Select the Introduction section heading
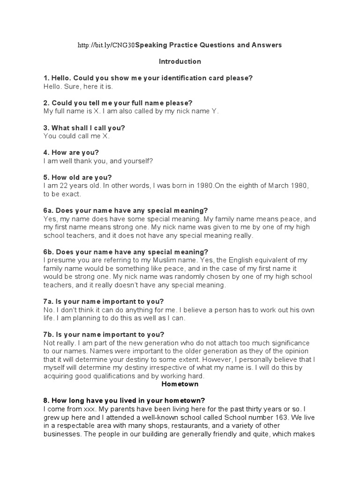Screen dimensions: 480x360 (x=180, y=61)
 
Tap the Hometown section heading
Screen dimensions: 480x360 (x=180, y=384)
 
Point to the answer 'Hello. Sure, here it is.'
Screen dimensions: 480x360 (x=78, y=87)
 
